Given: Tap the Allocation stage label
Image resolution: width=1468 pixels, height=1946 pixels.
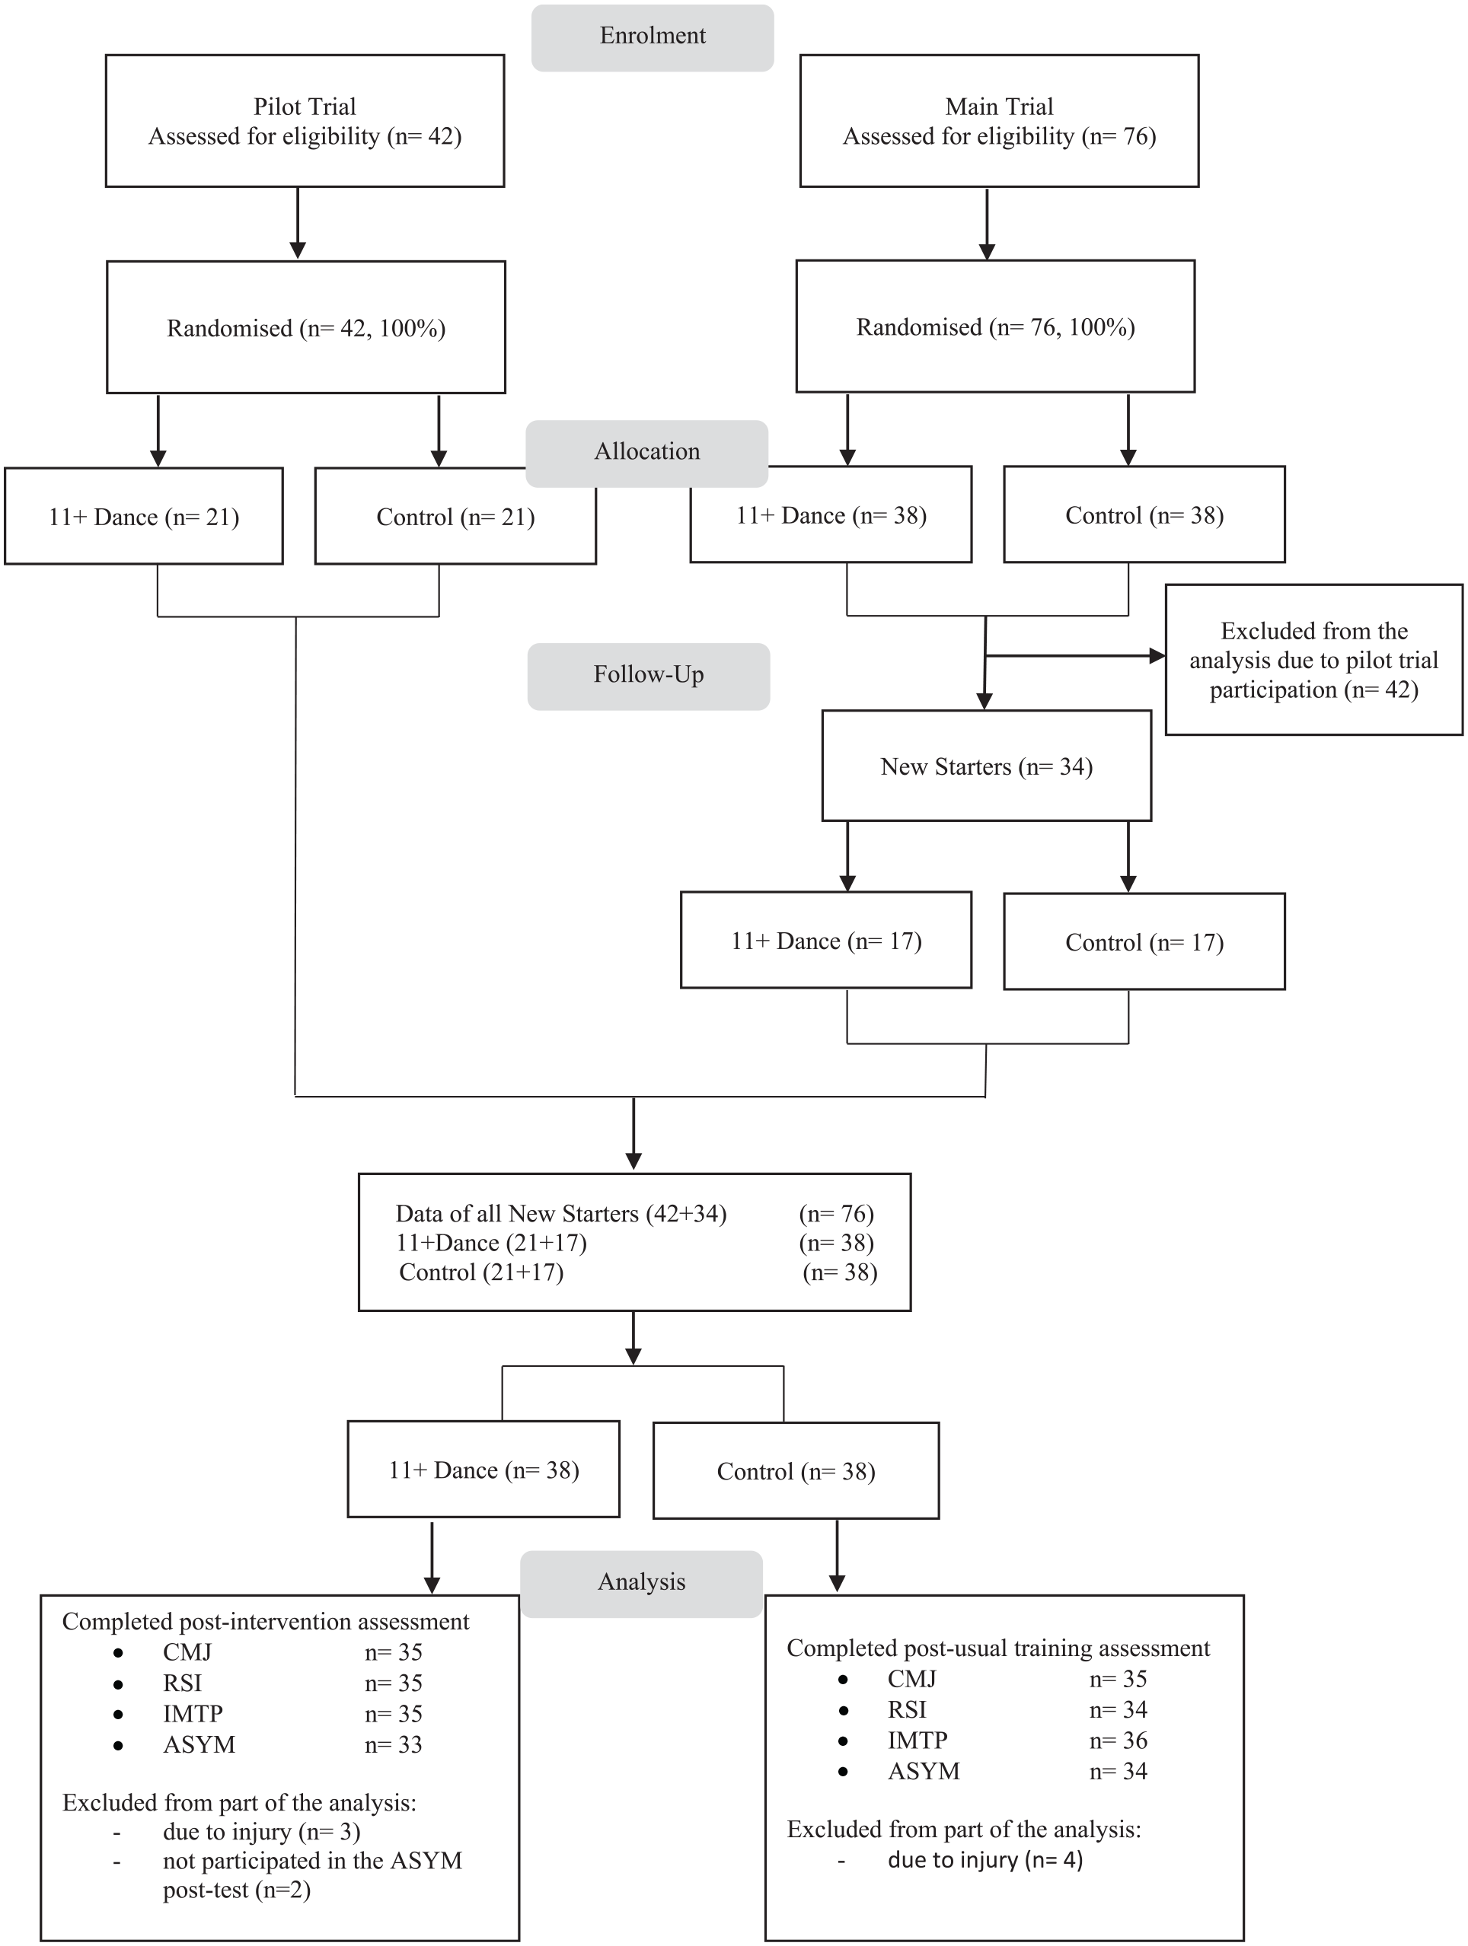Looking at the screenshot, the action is point(647,452).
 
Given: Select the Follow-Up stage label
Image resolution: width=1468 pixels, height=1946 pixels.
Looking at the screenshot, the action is point(649,676).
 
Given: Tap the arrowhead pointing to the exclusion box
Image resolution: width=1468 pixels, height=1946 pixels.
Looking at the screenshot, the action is point(1157,656).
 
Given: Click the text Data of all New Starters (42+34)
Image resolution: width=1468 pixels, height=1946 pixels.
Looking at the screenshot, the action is point(560,1214).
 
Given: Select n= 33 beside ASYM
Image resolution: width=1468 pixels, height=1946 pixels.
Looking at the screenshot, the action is point(394,1744).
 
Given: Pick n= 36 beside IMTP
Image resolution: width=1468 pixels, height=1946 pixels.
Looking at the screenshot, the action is point(1118,1741).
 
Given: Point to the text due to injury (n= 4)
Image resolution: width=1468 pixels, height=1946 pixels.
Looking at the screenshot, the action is point(985,1860).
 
